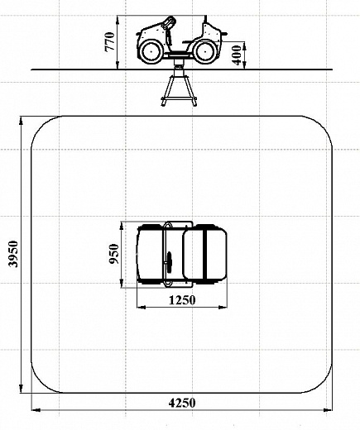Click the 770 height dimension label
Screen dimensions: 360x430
point(109,41)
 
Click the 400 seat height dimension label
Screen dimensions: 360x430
point(237,55)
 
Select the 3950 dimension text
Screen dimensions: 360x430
point(13,254)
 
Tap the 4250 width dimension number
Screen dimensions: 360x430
point(182,403)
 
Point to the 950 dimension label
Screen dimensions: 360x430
point(114,254)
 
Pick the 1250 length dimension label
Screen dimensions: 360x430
point(182,300)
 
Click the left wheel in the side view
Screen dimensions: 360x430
point(151,51)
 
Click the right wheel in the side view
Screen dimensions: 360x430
point(204,51)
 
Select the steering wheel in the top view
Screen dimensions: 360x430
point(169,263)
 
